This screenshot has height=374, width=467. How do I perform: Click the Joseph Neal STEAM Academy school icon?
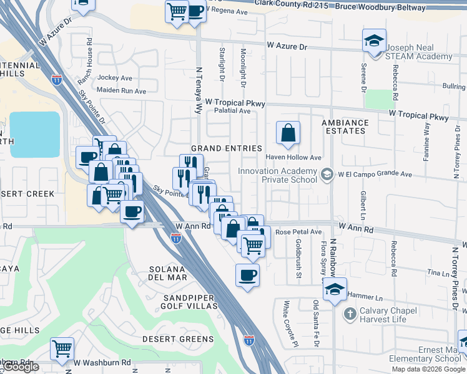click(374, 42)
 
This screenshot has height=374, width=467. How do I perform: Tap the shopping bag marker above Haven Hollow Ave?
click(288, 133)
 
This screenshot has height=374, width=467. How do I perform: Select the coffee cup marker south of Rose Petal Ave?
click(247, 274)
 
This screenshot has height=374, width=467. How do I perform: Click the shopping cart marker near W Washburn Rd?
click(62, 349)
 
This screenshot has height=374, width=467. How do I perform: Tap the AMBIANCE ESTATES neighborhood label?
click(345, 127)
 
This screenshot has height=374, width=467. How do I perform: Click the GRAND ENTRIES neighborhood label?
click(226, 148)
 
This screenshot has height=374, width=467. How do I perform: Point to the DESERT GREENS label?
click(177, 339)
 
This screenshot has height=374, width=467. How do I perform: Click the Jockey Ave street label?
click(116, 79)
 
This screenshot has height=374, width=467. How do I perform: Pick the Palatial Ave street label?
click(232, 111)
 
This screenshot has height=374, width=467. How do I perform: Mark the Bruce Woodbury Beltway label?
click(381, 7)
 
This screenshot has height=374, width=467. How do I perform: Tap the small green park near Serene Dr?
click(377, 98)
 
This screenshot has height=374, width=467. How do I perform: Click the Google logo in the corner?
click(21, 367)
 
